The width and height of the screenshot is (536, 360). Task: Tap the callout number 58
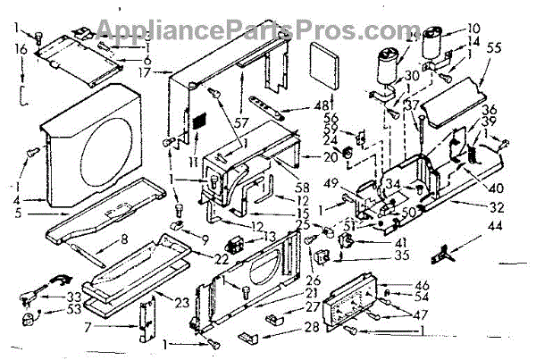[x=303, y=187]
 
